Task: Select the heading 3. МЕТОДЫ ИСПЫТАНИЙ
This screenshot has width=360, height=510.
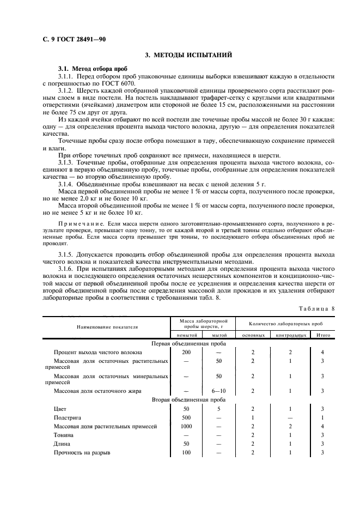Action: coord(188,55)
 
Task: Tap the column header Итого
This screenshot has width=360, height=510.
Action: coord(323,335)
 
